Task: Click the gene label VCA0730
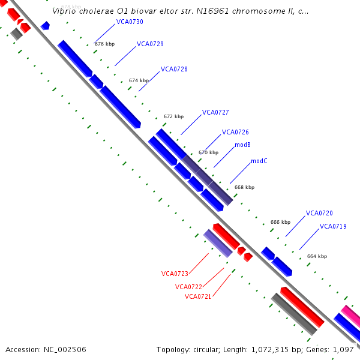(x=130, y=22)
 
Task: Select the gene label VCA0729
(x=150, y=44)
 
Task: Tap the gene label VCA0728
(x=174, y=69)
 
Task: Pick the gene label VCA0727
(x=215, y=112)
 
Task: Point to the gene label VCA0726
(x=235, y=132)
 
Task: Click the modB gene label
(x=242, y=145)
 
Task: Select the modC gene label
(x=259, y=161)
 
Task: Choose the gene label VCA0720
(x=319, y=213)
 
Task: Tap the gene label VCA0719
(x=333, y=226)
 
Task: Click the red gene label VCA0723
(x=175, y=274)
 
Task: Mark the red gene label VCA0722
(x=188, y=287)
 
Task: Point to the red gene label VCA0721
(x=198, y=296)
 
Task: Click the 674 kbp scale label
(x=139, y=80)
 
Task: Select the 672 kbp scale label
(x=173, y=116)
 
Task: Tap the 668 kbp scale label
(x=244, y=187)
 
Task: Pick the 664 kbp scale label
(x=317, y=256)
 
